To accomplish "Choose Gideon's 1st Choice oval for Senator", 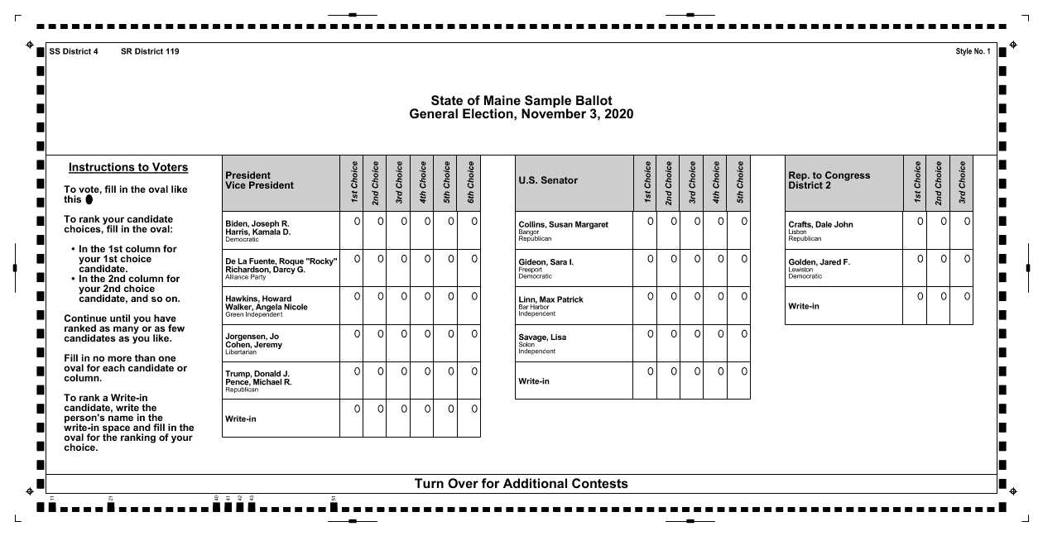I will [651, 259].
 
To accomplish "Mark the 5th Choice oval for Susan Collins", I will [744, 221].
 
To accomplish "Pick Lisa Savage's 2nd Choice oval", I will [674, 333].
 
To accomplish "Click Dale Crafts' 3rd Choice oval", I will [967, 221].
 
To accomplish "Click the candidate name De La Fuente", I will [281, 262].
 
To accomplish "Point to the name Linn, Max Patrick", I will [550, 299].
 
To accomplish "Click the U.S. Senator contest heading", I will [548, 180].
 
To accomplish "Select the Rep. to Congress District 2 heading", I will [829, 180].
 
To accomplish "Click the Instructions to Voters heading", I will [128, 168].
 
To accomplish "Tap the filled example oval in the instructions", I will [89, 199].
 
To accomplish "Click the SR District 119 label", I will [150, 52].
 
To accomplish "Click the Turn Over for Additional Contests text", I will [521, 484].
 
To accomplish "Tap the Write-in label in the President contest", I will [241, 419].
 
